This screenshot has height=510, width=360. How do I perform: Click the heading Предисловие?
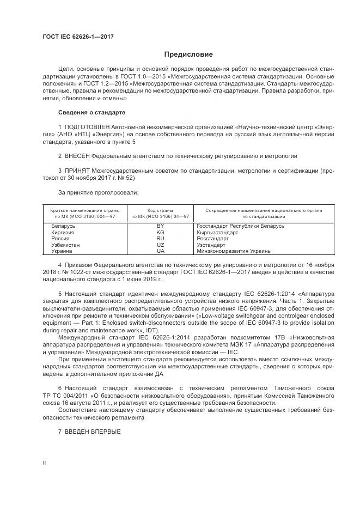click(188, 54)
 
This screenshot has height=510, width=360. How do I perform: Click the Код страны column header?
click(160, 210)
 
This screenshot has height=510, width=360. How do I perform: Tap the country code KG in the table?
click(160, 232)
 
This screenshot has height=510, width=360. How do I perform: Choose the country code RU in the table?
click(160, 239)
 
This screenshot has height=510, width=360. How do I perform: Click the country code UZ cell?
click(160, 245)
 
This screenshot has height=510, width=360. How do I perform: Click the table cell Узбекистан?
click(65, 245)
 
